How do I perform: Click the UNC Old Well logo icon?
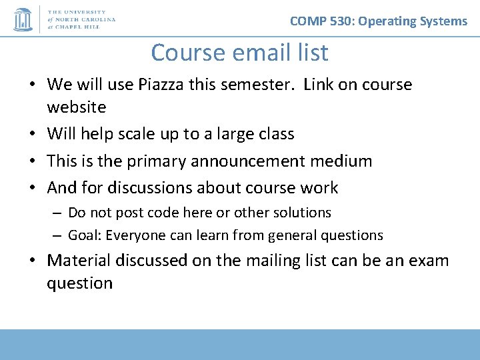23,19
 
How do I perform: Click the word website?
77,107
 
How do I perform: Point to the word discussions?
153,189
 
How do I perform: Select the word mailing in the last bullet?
282,261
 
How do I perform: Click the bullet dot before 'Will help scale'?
32,135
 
